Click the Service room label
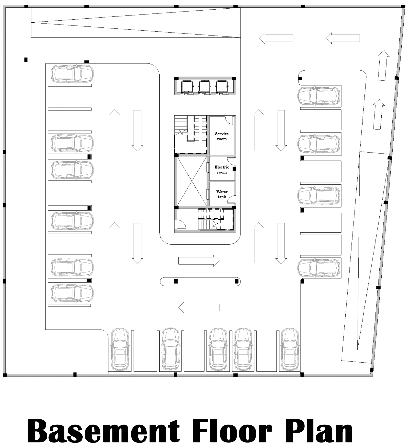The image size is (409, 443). tap(222, 136)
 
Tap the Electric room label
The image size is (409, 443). tap(222, 170)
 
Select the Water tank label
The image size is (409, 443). tap(222, 194)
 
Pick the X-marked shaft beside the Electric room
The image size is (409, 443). tap(192, 181)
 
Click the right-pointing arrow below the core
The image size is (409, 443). tap(199, 261)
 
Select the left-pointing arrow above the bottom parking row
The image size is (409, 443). tap(199, 307)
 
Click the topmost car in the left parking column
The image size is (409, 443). tap(72, 74)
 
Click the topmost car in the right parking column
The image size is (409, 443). tap(319, 96)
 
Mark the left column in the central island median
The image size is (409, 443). tap(176, 281)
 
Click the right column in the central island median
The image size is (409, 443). tap(237, 281)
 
